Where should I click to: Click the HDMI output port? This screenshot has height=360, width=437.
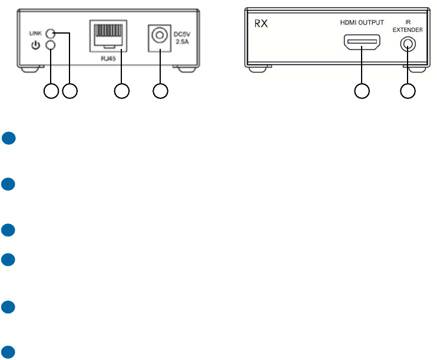click(x=362, y=44)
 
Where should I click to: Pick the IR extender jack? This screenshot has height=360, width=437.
click(x=407, y=44)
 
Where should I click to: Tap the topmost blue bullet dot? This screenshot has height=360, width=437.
click(x=7, y=138)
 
